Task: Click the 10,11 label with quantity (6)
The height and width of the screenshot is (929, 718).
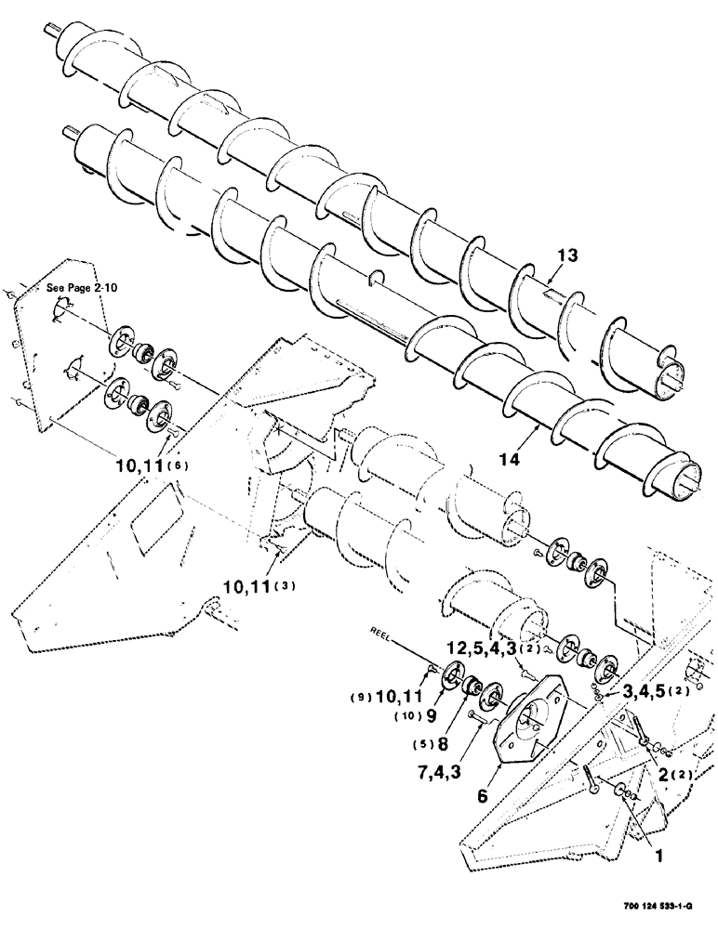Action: (140, 465)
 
